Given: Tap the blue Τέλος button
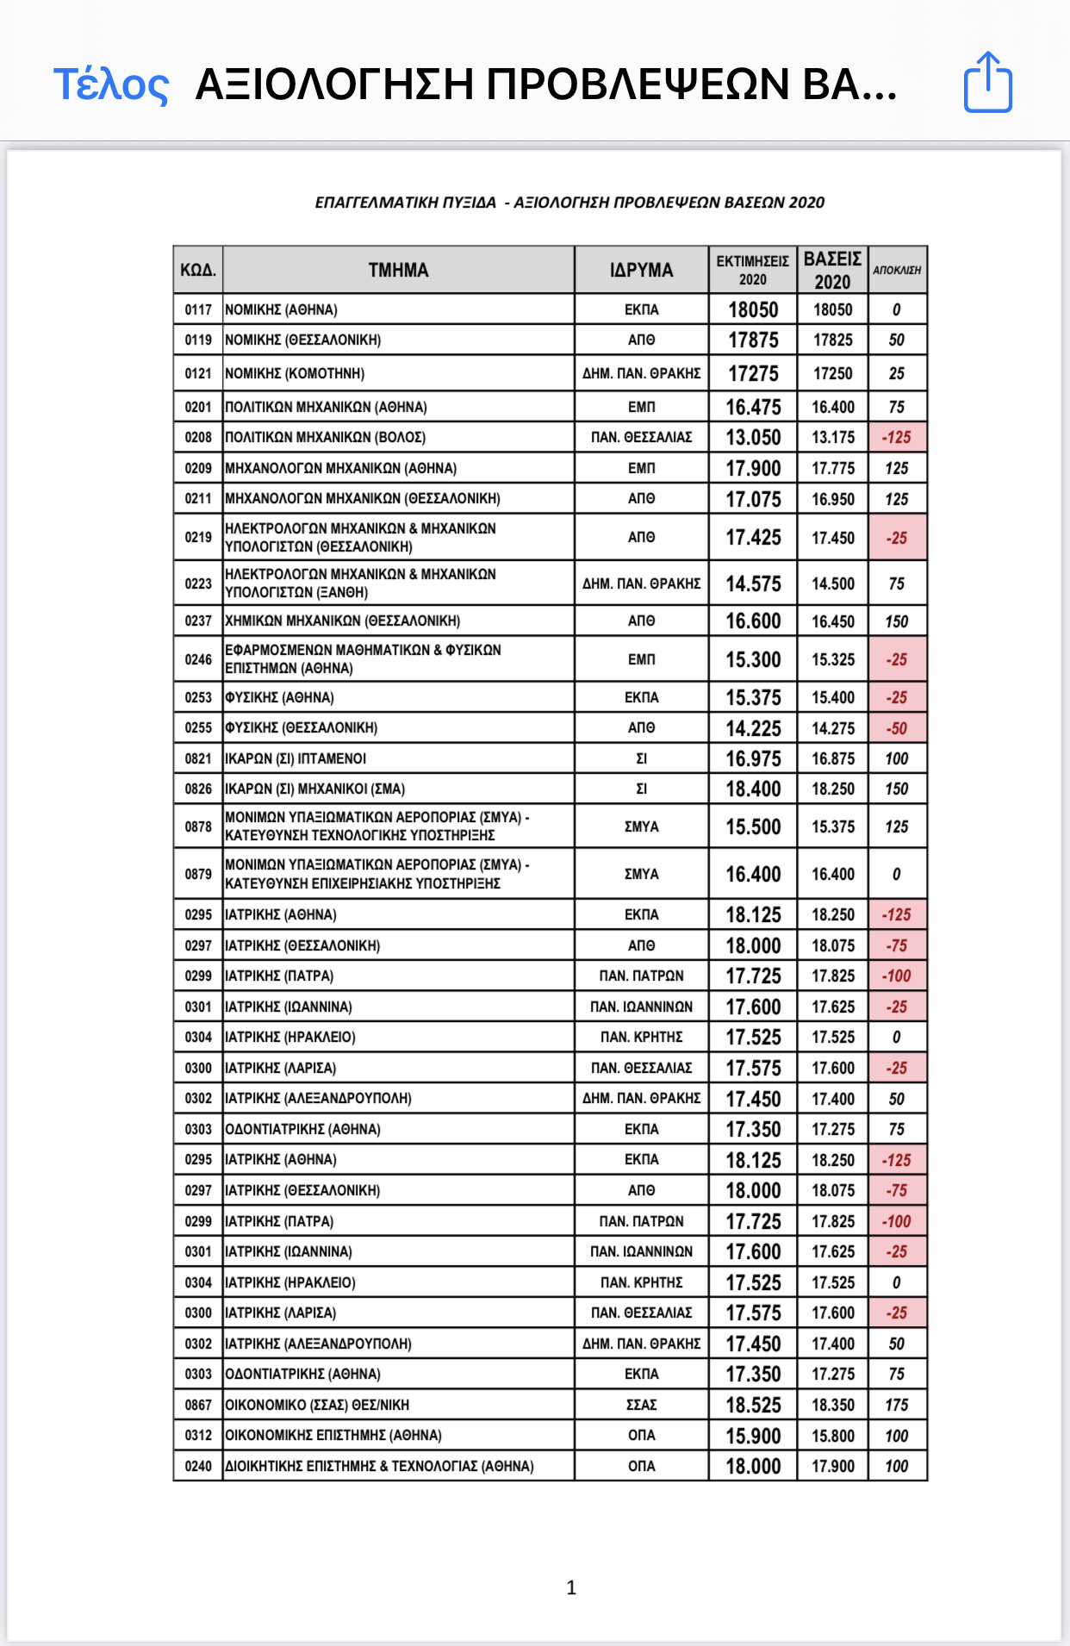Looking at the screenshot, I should pyautogui.click(x=111, y=84).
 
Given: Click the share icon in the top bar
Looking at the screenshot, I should pyautogui.click(x=987, y=83).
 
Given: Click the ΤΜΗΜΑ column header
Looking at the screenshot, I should pyautogui.click(x=398, y=271).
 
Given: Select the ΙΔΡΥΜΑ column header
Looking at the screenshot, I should pyautogui.click(x=641, y=271).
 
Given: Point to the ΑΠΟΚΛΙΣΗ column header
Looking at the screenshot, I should pyautogui.click(x=897, y=271).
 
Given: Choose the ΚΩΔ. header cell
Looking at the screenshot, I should pyautogui.click(x=197, y=271).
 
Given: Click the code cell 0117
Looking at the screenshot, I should pyautogui.click(x=197, y=309).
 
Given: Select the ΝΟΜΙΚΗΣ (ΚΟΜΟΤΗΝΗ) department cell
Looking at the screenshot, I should pyautogui.click(x=295, y=373).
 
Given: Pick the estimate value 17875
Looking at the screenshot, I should pyautogui.click(x=753, y=340).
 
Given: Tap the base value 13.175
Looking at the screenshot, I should pyautogui.click(x=833, y=437).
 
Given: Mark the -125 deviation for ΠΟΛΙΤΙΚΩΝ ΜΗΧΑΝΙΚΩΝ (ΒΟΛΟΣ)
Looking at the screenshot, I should pyautogui.click(x=897, y=437).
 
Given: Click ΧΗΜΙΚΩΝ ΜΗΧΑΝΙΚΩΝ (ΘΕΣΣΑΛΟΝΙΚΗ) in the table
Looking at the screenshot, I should pyautogui.click(x=342, y=620).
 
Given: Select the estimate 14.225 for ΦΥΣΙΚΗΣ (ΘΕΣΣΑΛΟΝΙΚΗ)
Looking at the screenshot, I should pyautogui.click(x=753, y=728).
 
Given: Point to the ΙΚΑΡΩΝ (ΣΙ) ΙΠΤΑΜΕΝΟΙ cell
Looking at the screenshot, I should pyautogui.click(x=295, y=758).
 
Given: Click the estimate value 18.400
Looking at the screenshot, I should pyautogui.click(x=753, y=789).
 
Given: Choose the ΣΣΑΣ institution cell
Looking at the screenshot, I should pyautogui.click(x=641, y=1405).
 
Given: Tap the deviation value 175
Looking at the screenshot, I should pyautogui.click(x=897, y=1405).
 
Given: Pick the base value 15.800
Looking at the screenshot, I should pyautogui.click(x=833, y=1436).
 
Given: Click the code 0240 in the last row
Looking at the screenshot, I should pyautogui.click(x=197, y=1466).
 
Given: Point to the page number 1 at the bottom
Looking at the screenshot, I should pyautogui.click(x=571, y=1587).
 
